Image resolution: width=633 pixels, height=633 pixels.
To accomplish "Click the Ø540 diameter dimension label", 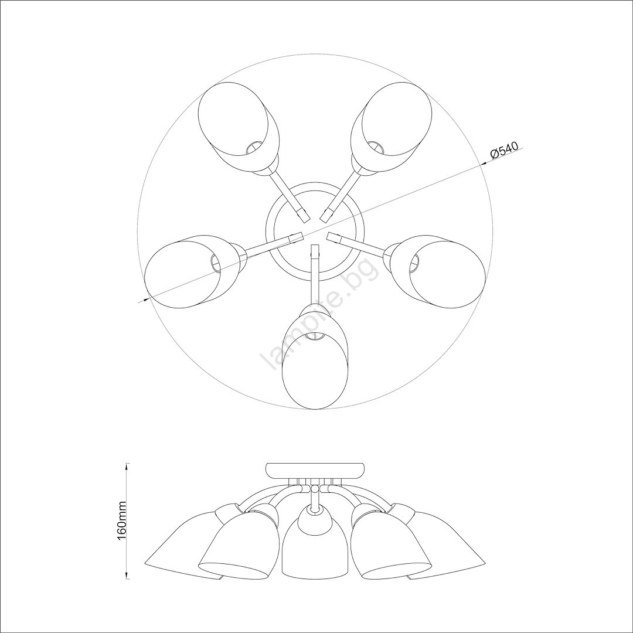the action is (x=504, y=150).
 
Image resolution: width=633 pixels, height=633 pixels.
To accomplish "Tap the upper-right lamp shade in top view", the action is (x=392, y=129).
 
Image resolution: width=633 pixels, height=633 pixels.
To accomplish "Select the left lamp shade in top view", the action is (x=194, y=271).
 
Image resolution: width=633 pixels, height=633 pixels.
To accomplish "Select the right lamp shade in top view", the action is (x=436, y=271).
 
